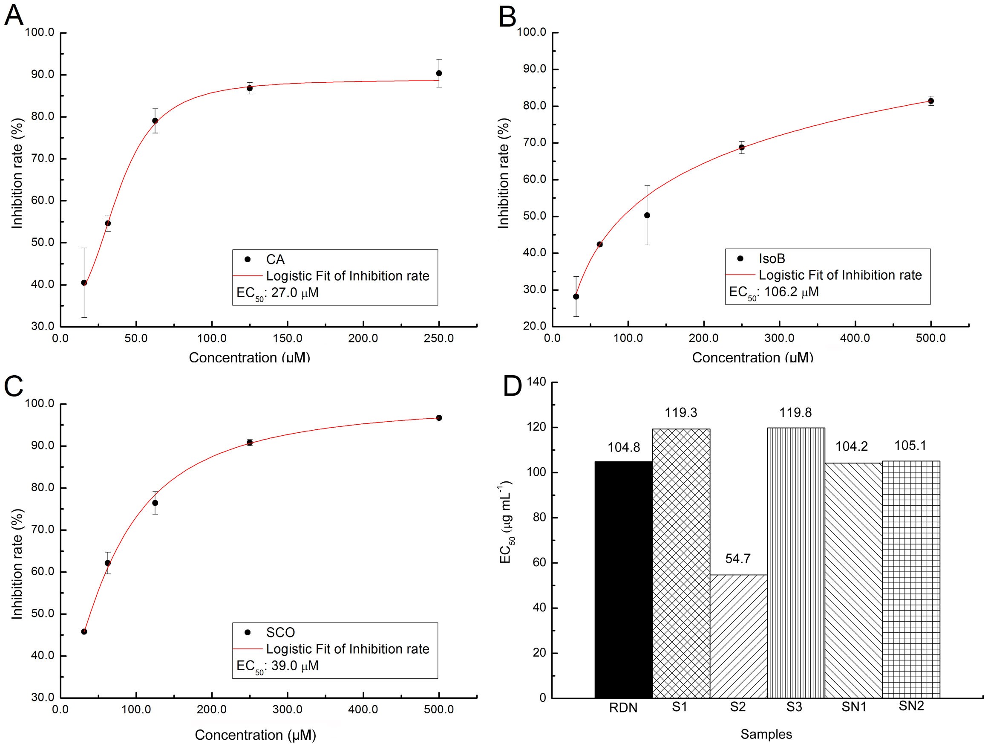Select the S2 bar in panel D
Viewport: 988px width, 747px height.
click(738, 636)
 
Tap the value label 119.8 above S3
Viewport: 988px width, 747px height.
click(795, 412)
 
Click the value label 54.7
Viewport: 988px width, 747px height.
click(738, 559)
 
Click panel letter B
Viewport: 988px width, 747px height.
click(507, 17)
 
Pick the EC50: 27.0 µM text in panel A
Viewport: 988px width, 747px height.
click(277, 293)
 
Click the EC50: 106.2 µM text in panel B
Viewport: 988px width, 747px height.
click(774, 292)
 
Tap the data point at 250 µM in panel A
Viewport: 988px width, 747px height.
click(439, 73)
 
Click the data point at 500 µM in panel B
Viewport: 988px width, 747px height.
click(931, 101)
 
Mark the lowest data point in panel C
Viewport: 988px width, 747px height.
click(84, 631)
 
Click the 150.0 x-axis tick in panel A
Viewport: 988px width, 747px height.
click(287, 339)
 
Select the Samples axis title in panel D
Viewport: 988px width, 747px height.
click(766, 734)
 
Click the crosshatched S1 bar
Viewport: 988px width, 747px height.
click(681, 563)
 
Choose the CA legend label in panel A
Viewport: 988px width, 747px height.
click(275, 259)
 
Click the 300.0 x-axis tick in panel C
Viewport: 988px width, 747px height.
click(287, 709)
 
